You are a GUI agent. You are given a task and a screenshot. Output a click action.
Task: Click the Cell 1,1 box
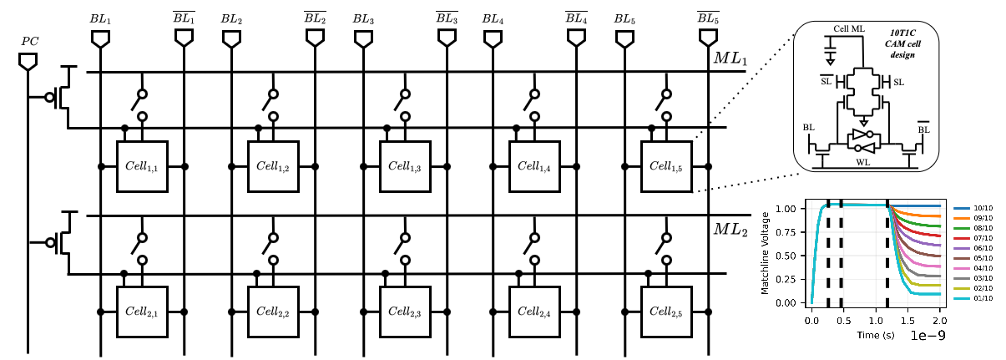coord(143,166)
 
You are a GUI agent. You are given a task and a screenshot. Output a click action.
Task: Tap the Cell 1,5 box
coord(665,166)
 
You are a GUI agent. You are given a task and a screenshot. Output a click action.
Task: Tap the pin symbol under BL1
coord(101,38)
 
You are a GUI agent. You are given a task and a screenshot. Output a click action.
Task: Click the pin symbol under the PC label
coord(28,61)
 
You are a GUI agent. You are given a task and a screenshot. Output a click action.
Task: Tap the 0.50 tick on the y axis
coord(791,256)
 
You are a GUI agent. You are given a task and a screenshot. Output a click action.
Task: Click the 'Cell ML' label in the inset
coord(849,29)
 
